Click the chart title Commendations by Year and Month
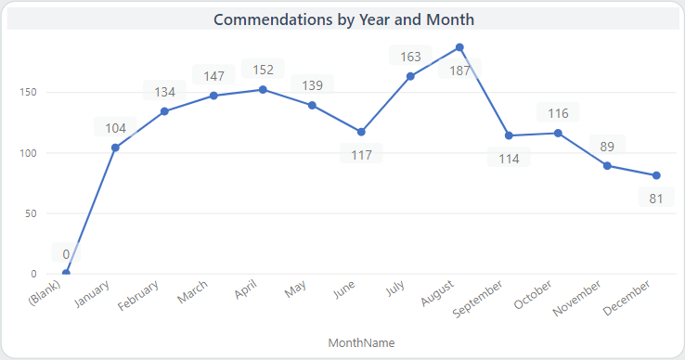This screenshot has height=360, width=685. (343, 19)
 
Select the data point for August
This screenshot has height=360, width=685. (459, 47)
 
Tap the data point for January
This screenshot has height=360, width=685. (115, 148)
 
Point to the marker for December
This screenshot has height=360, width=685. (656, 175)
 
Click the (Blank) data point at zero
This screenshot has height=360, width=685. (66, 273)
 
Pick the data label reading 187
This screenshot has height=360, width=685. (459, 69)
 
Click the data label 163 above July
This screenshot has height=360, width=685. (410, 57)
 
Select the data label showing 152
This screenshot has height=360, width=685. (263, 70)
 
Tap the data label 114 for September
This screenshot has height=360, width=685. (509, 158)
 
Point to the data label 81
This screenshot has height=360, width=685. (656, 198)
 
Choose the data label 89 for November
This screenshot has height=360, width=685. (607, 146)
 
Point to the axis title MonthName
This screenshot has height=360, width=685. (361, 342)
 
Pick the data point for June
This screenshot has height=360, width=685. (361, 132)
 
